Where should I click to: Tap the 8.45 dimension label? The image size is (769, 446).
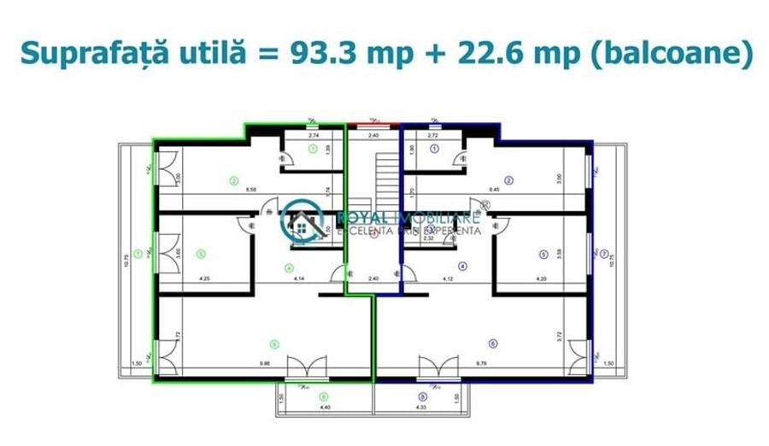pyautogui.click(x=493, y=190)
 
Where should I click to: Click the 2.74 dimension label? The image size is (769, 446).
pyautogui.click(x=313, y=136)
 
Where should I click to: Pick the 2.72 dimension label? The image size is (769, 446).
pyautogui.click(x=433, y=136)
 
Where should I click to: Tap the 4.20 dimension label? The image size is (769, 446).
pyautogui.click(x=541, y=279)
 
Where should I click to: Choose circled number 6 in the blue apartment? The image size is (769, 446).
pyautogui.click(x=493, y=344)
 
